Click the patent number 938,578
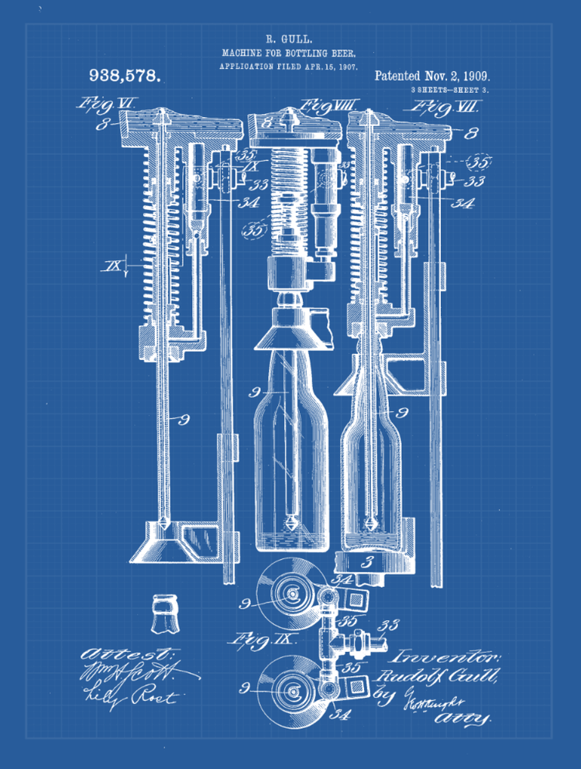(125, 75)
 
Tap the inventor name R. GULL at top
(288, 38)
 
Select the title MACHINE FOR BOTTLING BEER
(288, 53)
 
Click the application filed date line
(288, 67)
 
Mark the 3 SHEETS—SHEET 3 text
(449, 91)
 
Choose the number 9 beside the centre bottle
(256, 393)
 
